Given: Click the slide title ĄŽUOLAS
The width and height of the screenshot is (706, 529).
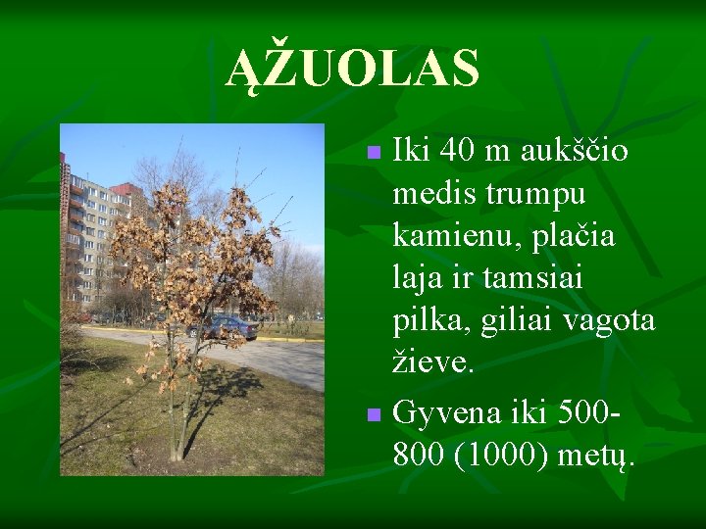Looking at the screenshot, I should (x=353, y=69).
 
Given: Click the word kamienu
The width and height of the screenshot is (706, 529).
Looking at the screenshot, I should (x=448, y=236).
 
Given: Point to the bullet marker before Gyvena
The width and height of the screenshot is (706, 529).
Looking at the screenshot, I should (x=372, y=415).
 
